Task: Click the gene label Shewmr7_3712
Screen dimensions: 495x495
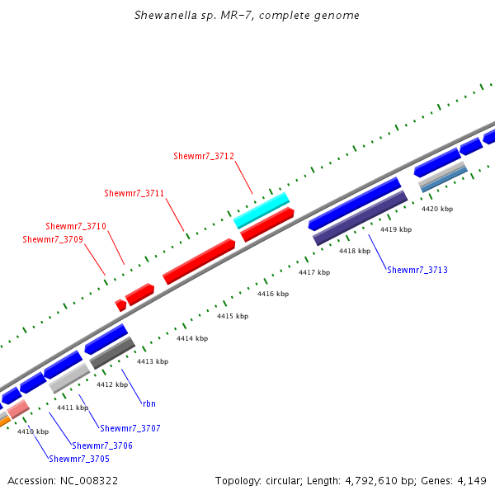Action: point(204,156)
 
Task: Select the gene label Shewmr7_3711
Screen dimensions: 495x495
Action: point(134,193)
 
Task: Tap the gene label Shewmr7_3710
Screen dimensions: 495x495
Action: point(76,226)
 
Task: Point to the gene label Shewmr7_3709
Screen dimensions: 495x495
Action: point(53,239)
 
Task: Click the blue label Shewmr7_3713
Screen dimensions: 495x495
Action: point(417,270)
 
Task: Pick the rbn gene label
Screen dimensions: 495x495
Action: point(148,403)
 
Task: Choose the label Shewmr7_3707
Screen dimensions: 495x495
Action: point(130,428)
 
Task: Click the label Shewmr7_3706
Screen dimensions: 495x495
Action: point(102,445)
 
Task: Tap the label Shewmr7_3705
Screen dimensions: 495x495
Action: point(78,459)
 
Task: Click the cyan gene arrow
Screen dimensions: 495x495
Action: point(262,210)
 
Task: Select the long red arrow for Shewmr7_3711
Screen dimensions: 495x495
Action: point(200,262)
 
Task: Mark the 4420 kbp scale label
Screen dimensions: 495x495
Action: point(437,209)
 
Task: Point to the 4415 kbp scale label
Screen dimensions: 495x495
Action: point(233,316)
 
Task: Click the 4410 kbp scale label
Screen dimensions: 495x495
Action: point(33,431)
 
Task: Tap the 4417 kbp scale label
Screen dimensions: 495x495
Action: point(314,272)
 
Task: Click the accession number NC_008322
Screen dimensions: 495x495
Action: point(89,480)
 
